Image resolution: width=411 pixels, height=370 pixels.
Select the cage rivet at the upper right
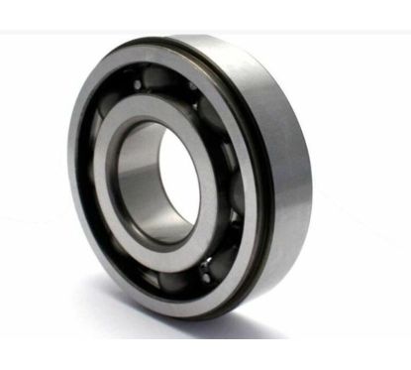[x=199, y=102]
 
